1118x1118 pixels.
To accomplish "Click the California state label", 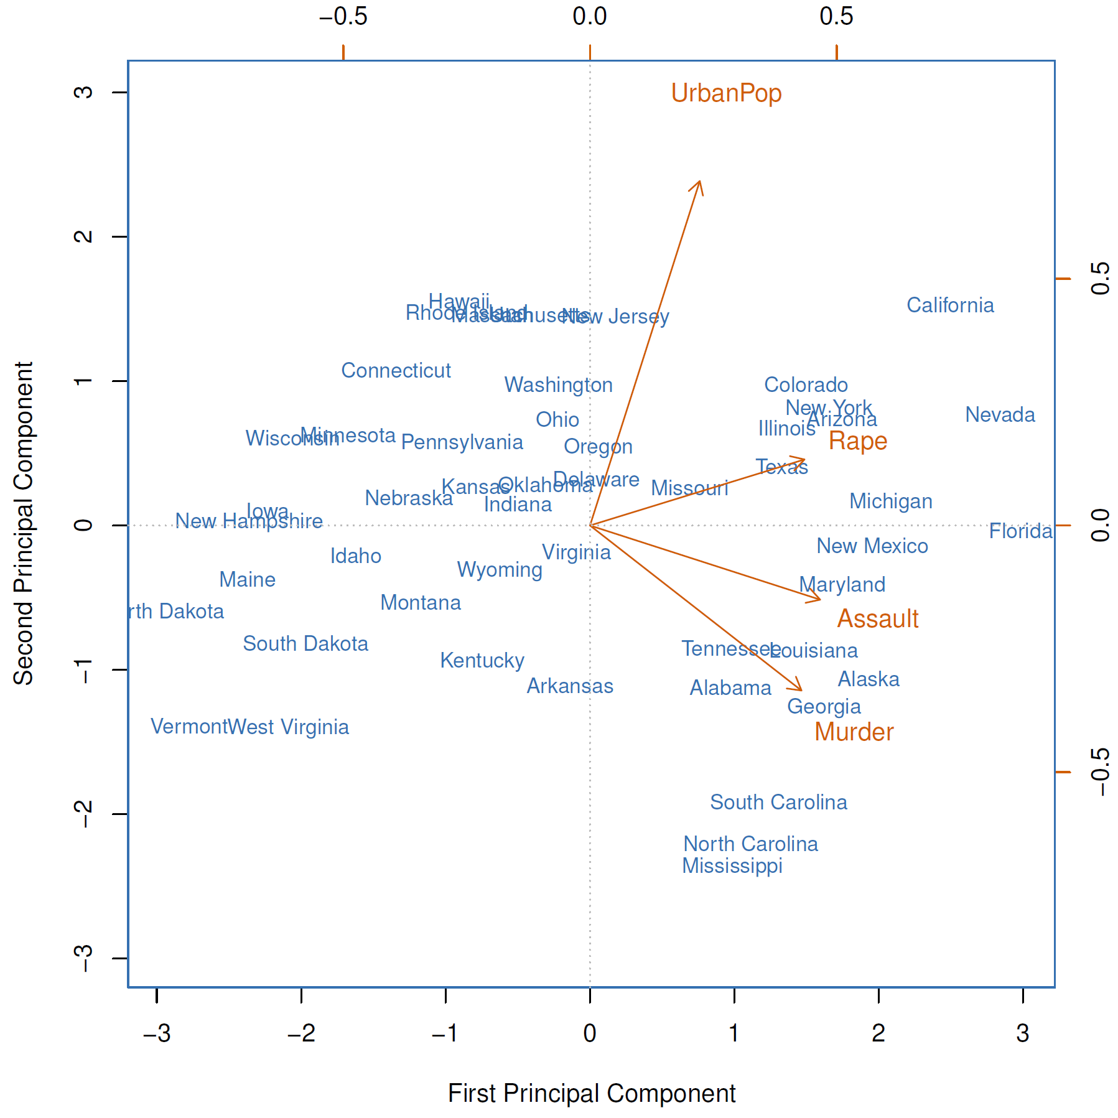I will (x=950, y=305).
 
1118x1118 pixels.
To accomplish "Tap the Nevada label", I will (x=1000, y=415).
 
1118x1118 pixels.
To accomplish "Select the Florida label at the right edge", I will (x=1020, y=531).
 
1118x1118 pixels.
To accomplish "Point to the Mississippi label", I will (x=732, y=866).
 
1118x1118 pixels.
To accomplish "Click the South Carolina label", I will (x=778, y=803).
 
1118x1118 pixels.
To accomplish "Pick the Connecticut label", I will (x=396, y=371).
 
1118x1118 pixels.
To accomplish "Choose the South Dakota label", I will (x=305, y=644).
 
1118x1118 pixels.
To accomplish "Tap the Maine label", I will (x=247, y=580).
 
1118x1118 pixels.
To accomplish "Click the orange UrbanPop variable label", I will (x=726, y=93).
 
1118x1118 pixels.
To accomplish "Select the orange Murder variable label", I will (x=854, y=732).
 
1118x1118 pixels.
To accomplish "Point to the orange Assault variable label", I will (x=877, y=619).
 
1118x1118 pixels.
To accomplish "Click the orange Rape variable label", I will (x=858, y=441).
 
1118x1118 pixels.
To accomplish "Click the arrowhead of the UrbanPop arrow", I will (x=700, y=182).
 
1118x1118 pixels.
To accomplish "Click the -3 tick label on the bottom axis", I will (x=157, y=1033).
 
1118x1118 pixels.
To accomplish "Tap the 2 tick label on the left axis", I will (x=83, y=236).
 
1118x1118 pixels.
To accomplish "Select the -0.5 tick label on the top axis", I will (x=343, y=17).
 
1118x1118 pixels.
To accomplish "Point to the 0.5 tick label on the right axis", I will (x=1100, y=278).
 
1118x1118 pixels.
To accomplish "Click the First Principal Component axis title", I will (x=592, y=1093).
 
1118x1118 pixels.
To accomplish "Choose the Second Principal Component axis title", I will (x=24, y=523).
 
